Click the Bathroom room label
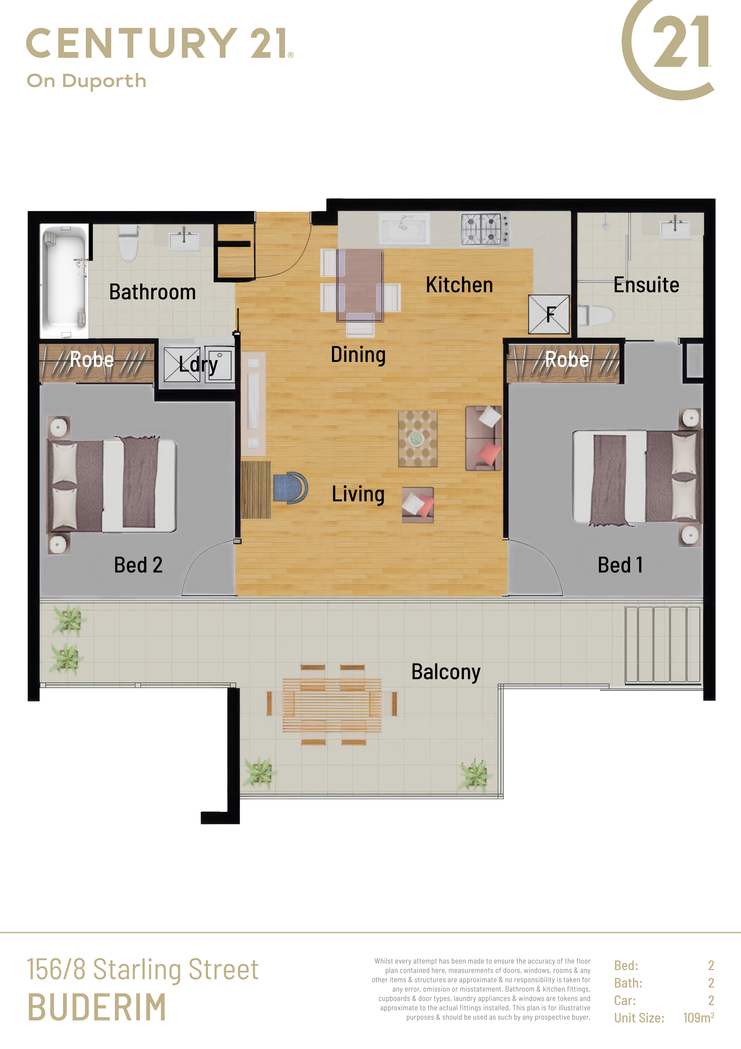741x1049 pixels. (152, 292)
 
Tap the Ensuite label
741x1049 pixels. (646, 285)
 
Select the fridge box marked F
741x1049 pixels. (549, 314)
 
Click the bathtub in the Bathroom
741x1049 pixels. (64, 280)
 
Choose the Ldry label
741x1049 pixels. (198, 365)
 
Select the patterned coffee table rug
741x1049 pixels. (418, 439)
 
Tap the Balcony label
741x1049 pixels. (445, 672)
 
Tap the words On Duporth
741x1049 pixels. (86, 81)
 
